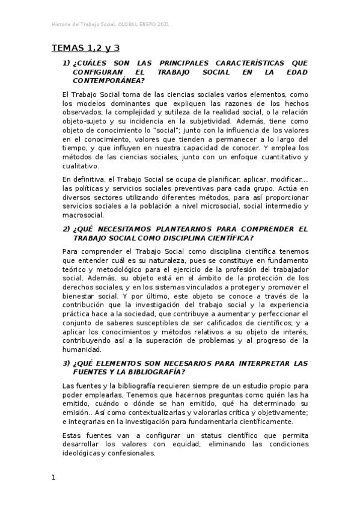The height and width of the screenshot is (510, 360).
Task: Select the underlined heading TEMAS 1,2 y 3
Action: pos(86,48)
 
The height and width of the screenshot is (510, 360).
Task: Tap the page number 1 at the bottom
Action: pos(53,478)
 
